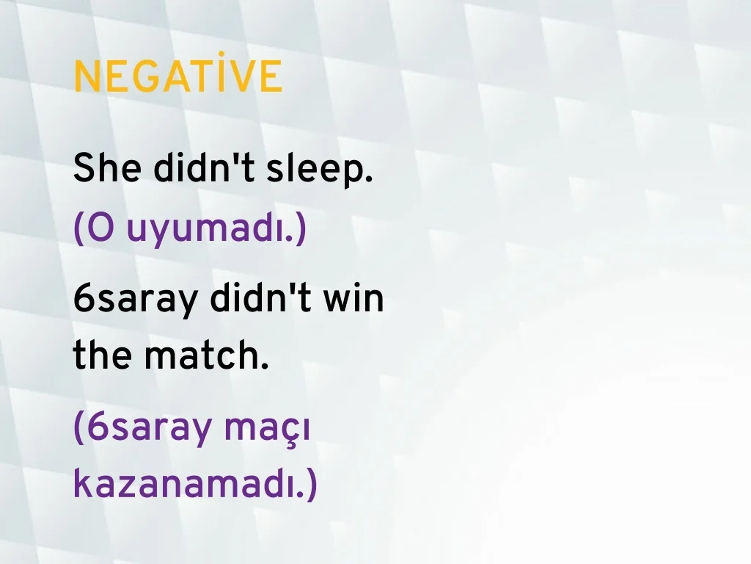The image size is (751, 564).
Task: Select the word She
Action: pyautogui.click(x=107, y=167)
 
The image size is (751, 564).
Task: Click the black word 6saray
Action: pyautogui.click(x=135, y=301)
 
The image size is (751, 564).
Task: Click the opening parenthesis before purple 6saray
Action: pyautogui.click(x=79, y=428)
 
